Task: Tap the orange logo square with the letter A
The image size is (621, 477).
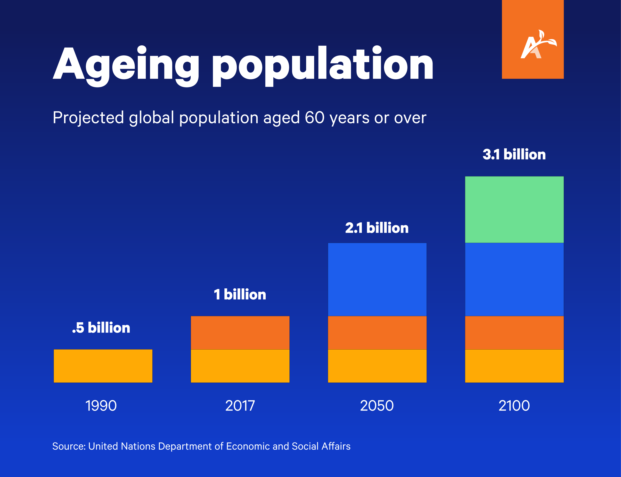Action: [x=532, y=40]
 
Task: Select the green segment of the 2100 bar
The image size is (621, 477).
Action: [x=514, y=209]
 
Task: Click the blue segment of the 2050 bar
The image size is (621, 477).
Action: [x=377, y=279]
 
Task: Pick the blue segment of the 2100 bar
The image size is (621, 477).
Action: [x=514, y=279]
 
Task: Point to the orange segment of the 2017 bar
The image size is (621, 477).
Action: [x=240, y=333]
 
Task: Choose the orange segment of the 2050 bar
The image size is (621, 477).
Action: [x=377, y=333]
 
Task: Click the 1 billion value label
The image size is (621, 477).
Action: [x=240, y=294]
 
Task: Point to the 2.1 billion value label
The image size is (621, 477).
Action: [x=377, y=228]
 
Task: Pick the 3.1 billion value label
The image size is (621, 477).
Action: [x=514, y=154]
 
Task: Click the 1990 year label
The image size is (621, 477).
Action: [x=101, y=405]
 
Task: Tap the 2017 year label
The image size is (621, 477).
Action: [x=240, y=405]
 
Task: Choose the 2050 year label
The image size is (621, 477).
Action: [x=377, y=405]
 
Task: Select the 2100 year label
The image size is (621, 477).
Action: [x=514, y=405]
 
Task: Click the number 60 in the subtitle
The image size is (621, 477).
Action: [x=314, y=117]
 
